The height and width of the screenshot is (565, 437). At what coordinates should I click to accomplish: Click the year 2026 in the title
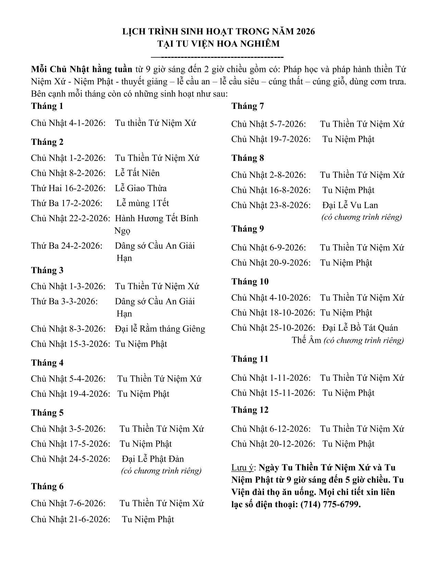(x=305, y=32)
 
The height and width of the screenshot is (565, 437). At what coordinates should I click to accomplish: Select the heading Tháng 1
(x=47, y=106)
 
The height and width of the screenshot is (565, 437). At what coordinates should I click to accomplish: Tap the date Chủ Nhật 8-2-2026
(x=68, y=173)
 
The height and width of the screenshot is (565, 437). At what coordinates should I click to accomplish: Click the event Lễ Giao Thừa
(x=141, y=188)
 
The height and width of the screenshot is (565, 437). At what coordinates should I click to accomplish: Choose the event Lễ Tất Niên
(x=137, y=173)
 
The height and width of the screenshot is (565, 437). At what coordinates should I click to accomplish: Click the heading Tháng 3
(x=47, y=271)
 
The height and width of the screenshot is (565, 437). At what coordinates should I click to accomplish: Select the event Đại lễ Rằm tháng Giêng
(x=160, y=329)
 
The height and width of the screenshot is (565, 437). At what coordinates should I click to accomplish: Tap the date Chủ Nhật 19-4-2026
(x=71, y=394)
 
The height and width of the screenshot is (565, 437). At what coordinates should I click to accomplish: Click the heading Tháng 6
(x=47, y=487)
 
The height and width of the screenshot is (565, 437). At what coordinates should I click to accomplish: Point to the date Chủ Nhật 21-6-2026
(x=71, y=519)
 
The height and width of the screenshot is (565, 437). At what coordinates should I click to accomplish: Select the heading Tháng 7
(x=247, y=106)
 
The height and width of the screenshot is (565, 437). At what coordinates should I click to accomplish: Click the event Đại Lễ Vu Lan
(x=350, y=205)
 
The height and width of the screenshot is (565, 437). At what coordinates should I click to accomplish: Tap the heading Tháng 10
(x=250, y=282)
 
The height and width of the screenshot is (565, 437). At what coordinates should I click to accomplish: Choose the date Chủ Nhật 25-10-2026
(x=273, y=328)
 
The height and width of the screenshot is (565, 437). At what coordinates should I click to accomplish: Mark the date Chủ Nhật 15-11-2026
(x=273, y=393)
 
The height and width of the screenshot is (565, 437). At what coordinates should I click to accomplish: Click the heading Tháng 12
(x=250, y=410)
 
